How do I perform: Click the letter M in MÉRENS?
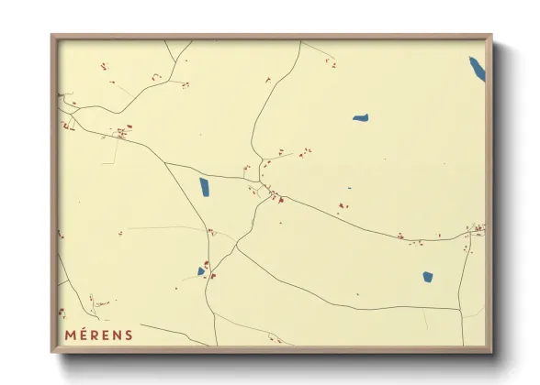71,335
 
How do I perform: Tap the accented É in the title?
84,335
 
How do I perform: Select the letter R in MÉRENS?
96,335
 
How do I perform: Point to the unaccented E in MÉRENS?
107,335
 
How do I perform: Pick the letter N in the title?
118,335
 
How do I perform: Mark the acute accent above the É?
84,328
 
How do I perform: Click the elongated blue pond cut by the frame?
478,69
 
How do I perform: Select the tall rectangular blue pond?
204,188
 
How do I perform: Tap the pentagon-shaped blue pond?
427,276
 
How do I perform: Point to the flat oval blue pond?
360,117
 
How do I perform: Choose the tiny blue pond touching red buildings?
200,271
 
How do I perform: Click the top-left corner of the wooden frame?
52,36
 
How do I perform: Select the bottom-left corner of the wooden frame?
52,351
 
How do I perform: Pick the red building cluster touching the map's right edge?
478,228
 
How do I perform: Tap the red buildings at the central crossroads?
273,194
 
